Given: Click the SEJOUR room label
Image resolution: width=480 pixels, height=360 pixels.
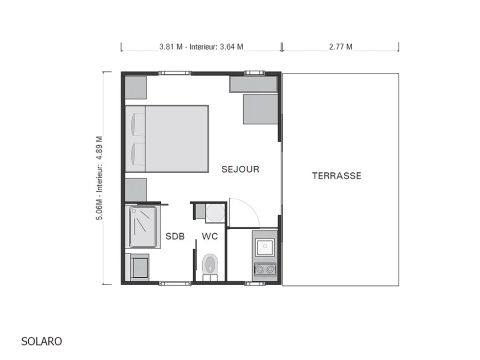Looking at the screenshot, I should tap(240, 170).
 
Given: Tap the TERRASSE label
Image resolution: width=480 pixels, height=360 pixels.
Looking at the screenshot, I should tap(336, 176).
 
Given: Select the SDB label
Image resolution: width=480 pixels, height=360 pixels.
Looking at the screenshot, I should tap(175, 237).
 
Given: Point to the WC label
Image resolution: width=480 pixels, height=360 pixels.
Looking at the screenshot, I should tap(209, 237).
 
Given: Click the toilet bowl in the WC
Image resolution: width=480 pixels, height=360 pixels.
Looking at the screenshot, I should tap(209, 265).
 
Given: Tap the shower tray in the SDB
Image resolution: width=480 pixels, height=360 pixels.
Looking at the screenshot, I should tap(145, 227).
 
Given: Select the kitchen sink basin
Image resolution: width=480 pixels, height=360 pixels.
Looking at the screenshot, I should tap(265, 246).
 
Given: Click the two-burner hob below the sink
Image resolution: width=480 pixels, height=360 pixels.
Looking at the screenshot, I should tap(265, 269).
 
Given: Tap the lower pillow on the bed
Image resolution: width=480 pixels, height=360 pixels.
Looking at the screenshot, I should tap(137, 155).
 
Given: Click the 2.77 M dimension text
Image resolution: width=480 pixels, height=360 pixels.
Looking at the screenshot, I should tap(340, 46).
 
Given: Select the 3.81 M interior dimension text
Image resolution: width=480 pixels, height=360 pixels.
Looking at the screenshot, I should tap(201, 46).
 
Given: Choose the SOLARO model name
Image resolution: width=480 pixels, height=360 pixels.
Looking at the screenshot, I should tap(41, 341).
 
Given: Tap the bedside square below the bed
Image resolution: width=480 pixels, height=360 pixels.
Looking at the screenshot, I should tap(136, 189).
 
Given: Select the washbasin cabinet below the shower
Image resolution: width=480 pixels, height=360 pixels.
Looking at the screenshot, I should tap(138, 267).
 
